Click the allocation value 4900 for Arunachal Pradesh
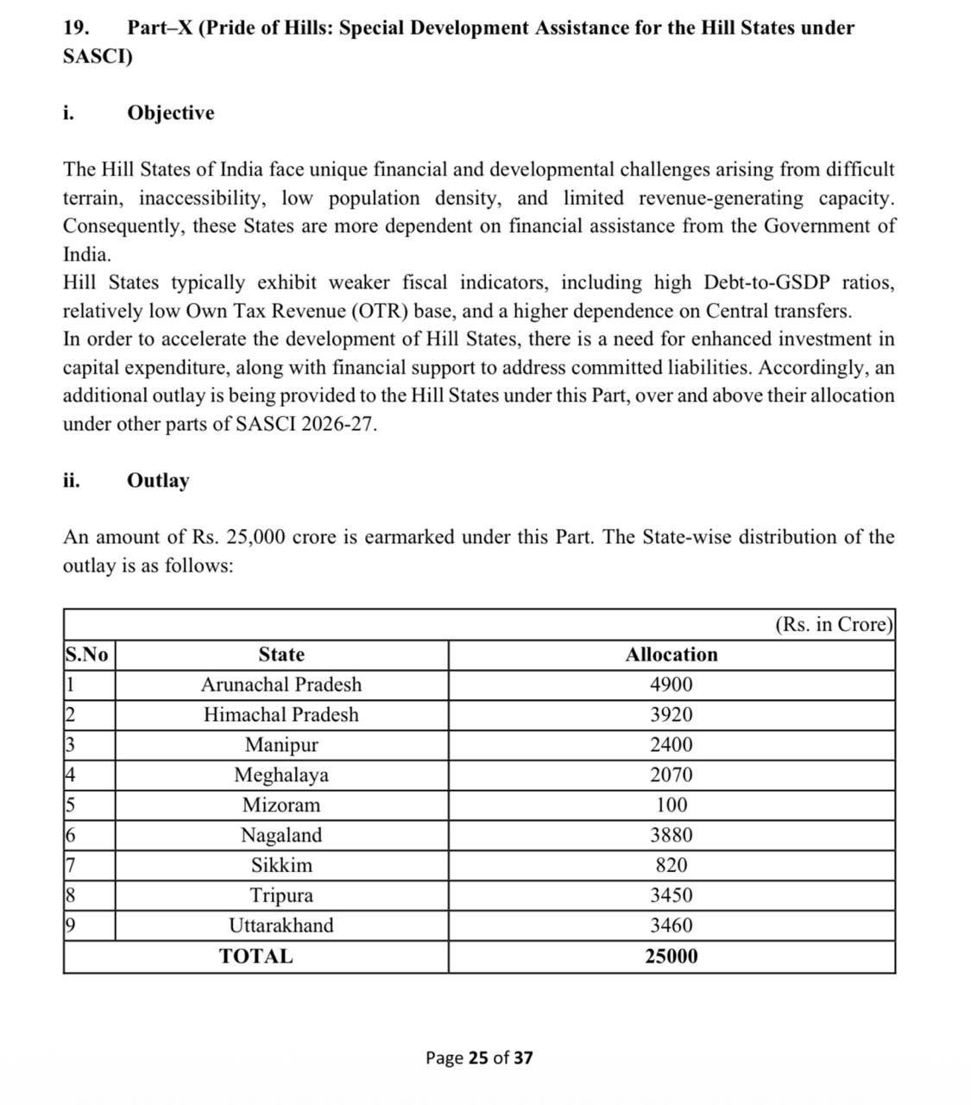coord(671,685)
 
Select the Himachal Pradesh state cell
coord(281,715)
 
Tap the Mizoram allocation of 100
coord(671,805)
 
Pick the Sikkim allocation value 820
coord(671,865)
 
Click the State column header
coord(281,654)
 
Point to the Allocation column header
coord(671,654)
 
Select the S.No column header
coord(86,654)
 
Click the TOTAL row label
coord(255,957)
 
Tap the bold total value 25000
coord(671,957)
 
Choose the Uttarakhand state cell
coord(281,925)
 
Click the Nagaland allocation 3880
coord(671,835)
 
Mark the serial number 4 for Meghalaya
coord(70,775)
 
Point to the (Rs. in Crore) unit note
coord(833,624)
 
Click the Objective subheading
coord(170,113)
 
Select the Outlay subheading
coord(158,480)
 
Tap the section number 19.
coord(77,28)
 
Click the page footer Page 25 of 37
coord(479,1058)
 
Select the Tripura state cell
coord(281,895)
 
